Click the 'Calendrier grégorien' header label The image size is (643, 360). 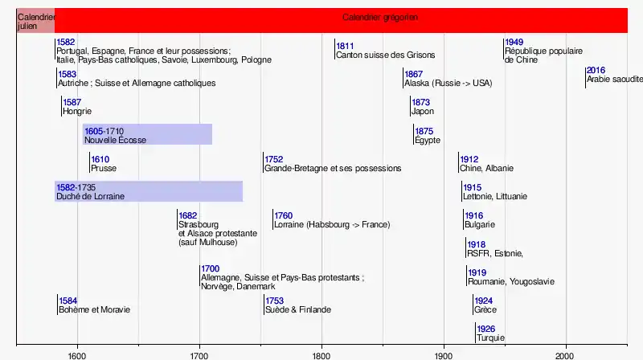click(x=379, y=17)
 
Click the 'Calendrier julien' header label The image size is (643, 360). click(x=35, y=21)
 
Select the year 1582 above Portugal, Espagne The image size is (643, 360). click(x=66, y=43)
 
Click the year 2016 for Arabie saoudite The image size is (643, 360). click(x=596, y=71)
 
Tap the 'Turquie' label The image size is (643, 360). click(x=490, y=337)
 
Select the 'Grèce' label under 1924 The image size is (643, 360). click(x=485, y=309)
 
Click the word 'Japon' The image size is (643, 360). click(x=422, y=112)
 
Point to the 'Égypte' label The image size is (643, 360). click(x=428, y=140)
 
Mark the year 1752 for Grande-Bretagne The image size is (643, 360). click(x=274, y=159)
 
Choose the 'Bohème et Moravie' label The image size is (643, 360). click(x=94, y=309)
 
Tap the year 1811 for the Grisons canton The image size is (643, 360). click(x=345, y=46)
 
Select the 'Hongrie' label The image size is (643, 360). click(x=77, y=112)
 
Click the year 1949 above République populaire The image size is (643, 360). click(x=514, y=43)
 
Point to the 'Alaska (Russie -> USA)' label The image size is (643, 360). click(x=448, y=83)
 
